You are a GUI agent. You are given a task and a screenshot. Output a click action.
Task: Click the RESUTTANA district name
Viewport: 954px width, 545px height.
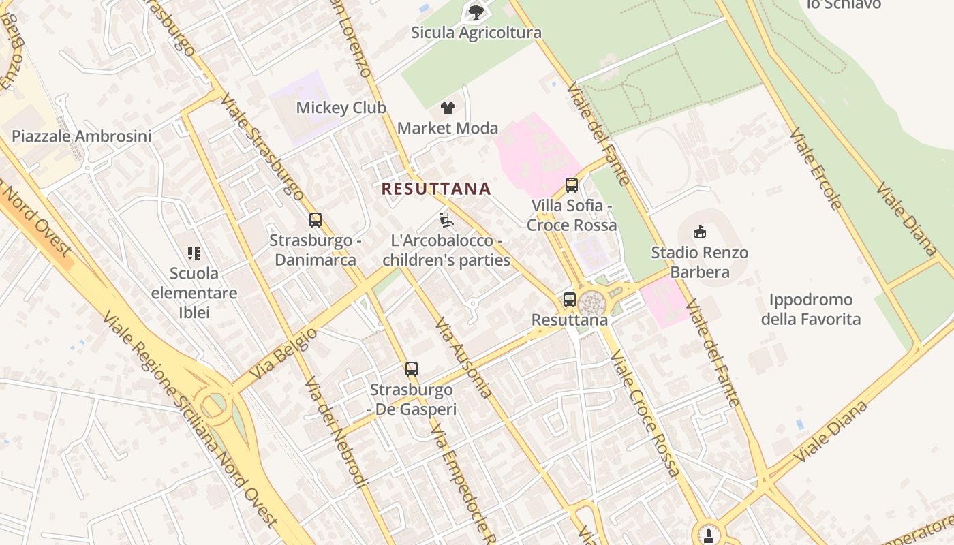(x=436, y=189)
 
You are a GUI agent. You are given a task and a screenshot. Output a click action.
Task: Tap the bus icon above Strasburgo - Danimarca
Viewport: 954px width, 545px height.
(x=315, y=220)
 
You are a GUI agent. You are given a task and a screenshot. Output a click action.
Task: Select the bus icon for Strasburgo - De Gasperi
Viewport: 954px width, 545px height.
(x=411, y=369)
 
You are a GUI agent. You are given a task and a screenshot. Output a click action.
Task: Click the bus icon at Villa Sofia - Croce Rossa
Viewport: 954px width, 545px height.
(x=572, y=185)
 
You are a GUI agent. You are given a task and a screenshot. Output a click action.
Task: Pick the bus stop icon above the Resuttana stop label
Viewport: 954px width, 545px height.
(x=569, y=299)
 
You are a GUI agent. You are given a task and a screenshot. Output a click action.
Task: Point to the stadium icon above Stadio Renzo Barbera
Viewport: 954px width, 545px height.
(x=699, y=232)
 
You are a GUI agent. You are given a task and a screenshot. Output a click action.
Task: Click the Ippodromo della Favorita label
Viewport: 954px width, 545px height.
(x=810, y=309)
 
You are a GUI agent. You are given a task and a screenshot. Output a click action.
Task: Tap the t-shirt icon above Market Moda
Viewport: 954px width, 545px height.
(x=447, y=108)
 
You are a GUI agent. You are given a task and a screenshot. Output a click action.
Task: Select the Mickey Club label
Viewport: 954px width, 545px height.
(x=341, y=108)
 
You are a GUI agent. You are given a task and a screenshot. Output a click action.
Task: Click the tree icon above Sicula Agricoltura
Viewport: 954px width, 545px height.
(x=476, y=12)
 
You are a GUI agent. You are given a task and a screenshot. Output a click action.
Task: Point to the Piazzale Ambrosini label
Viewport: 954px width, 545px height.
(x=82, y=136)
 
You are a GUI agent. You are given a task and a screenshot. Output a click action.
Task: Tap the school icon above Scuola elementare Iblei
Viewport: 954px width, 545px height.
(x=194, y=253)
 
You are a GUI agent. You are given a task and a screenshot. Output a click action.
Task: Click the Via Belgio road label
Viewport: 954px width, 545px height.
(x=283, y=354)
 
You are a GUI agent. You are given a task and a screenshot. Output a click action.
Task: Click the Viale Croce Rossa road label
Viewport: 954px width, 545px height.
(x=645, y=413)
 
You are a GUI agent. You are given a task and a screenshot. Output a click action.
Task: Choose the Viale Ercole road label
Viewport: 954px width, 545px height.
(x=816, y=168)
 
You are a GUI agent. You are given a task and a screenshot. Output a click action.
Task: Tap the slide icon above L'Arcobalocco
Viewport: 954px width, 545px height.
(x=446, y=220)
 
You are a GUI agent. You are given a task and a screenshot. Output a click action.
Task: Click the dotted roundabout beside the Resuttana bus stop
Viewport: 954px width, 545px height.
(x=592, y=303)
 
